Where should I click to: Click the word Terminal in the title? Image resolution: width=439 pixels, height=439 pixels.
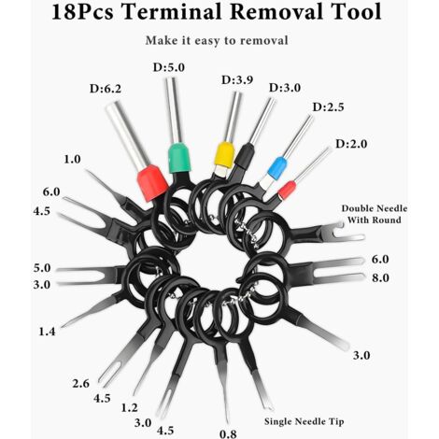[x=173, y=12]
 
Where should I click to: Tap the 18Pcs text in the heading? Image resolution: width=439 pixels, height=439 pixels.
[x=82, y=12]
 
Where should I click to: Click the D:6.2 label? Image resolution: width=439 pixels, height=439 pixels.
[x=106, y=89]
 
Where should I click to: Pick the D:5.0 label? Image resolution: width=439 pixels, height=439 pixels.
[x=169, y=67]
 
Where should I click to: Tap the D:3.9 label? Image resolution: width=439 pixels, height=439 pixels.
[x=237, y=80]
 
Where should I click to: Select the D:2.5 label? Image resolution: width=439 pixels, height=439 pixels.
[x=328, y=107]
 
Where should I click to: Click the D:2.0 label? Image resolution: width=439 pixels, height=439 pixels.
[x=351, y=144]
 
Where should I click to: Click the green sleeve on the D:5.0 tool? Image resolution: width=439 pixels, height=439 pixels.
[x=178, y=158]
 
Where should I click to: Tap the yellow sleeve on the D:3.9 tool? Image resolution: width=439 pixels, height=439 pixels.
[x=225, y=155]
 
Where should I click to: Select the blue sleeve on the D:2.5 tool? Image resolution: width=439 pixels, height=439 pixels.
[x=276, y=168]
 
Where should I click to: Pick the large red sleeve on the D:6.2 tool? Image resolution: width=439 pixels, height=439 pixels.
[x=152, y=183]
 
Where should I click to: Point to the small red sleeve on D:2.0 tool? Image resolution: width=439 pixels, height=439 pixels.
[x=287, y=191]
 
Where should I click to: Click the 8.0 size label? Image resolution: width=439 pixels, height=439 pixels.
[x=380, y=277]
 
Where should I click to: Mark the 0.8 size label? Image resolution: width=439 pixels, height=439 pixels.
[x=228, y=433]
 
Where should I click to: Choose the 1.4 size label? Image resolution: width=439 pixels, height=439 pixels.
[x=47, y=332]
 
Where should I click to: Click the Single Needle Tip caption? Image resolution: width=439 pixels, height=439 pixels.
[x=304, y=421]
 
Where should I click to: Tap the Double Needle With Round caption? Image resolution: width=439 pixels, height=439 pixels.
[x=375, y=214]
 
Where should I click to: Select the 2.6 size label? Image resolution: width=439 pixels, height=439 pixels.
[x=81, y=383]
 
